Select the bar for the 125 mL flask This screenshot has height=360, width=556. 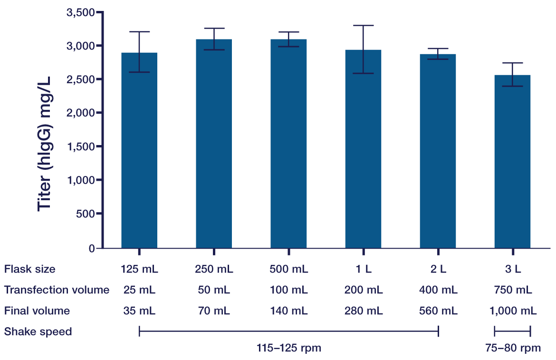[139, 152]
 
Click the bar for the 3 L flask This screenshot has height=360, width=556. [512, 162]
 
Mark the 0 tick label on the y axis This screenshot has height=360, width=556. [92, 248]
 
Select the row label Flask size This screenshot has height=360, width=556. [29, 269]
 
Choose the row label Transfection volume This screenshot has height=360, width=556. [57, 290]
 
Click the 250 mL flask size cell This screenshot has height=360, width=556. [214, 269]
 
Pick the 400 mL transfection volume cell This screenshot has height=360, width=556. [438, 290]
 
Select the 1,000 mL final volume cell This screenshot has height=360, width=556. [513, 311]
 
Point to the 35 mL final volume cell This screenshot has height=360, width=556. [139, 311]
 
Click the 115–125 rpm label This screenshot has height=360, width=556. [288, 348]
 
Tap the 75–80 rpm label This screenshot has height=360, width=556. [512, 348]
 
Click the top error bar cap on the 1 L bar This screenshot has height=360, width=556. [363, 25]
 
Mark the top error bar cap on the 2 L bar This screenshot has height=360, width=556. [438, 49]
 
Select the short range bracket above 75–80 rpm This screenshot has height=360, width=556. [512, 331]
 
